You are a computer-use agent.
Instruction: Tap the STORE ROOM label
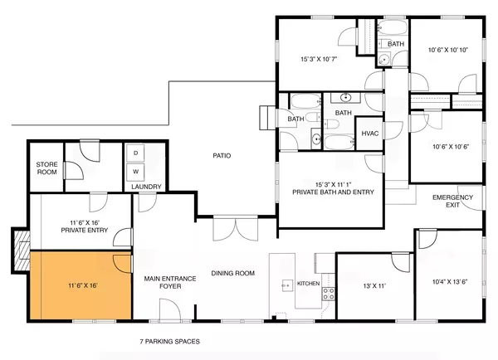click(x=46, y=169)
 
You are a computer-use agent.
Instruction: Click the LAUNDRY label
click(x=146, y=187)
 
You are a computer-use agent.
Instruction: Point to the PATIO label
click(x=221, y=155)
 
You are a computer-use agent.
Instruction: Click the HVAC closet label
click(x=368, y=133)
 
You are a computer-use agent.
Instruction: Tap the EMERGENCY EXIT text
click(x=452, y=201)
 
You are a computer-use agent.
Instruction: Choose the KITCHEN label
click(x=308, y=285)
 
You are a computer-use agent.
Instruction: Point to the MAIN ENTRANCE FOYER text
click(x=169, y=284)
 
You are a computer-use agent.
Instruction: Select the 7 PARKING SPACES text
click(x=170, y=341)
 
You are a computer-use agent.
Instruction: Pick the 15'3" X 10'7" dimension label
click(x=319, y=59)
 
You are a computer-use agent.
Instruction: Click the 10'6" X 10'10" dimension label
click(x=448, y=50)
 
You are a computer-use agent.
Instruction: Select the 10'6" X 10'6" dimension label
click(x=448, y=148)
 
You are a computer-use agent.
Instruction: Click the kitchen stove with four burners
click(x=328, y=292)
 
